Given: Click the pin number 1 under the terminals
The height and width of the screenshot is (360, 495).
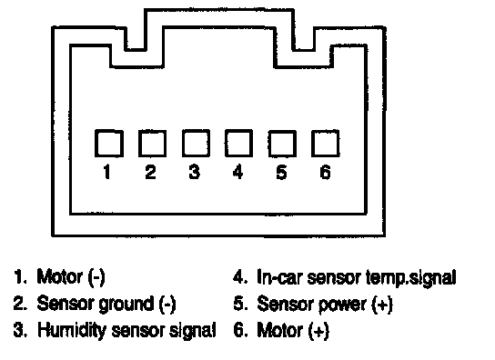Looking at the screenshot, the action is pos(106,172).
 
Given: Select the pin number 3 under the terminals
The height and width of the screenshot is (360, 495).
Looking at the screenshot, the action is pos(194,172).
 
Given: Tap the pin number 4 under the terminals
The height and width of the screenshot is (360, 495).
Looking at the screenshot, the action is pos(237,172).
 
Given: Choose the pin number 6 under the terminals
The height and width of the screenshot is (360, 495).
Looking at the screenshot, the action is pos(325,172).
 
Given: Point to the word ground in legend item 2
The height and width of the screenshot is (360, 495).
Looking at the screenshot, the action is pos(126,305).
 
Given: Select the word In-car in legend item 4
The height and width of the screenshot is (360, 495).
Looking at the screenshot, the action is pos(280,277).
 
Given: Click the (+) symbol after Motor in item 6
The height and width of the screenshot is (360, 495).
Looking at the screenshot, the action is pos(318,331).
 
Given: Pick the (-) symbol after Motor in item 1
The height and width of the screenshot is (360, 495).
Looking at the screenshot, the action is pos(96,277).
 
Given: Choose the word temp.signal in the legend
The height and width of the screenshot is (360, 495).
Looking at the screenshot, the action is pos(411,278).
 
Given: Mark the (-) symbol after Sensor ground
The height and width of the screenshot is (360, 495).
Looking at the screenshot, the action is pos(167,305).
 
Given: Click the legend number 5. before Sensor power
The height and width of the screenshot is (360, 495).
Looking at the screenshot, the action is pos(240,304).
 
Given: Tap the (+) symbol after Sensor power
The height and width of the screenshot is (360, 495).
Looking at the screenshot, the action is pos(382,305).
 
